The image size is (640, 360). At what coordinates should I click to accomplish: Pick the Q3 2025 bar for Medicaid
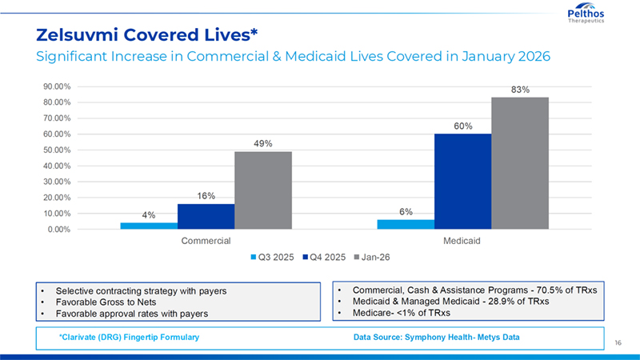point(406,224)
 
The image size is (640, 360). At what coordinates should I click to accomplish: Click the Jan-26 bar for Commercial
point(262,190)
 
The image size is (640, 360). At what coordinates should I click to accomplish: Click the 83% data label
point(520,90)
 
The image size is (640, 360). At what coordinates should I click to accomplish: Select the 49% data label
point(263,144)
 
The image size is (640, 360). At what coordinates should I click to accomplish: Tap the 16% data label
point(206,196)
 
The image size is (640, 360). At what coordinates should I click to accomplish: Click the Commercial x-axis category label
point(206,240)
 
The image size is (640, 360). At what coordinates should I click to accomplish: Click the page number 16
point(618,342)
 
